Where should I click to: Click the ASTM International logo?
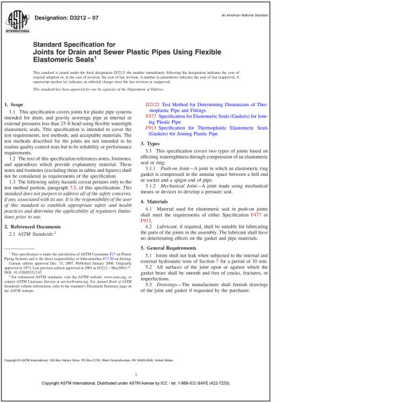[x=17, y=21]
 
